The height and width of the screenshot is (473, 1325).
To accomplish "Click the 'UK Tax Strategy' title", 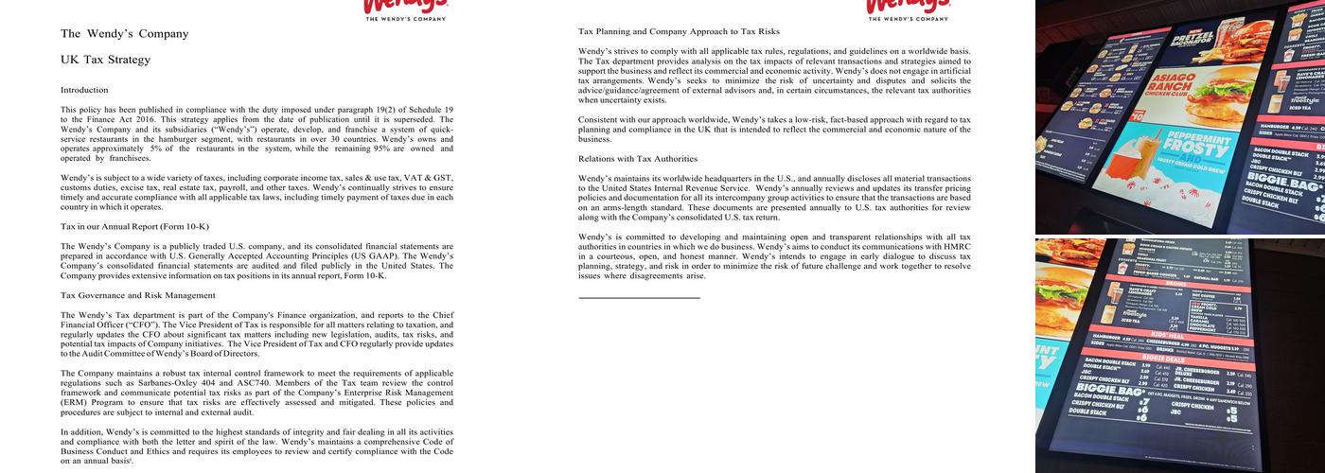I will (105, 60).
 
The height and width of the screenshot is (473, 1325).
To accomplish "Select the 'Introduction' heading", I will (84, 90).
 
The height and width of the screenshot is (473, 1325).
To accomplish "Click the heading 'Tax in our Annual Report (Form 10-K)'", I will (134, 226).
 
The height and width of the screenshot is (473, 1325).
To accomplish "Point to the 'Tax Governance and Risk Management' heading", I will (137, 295).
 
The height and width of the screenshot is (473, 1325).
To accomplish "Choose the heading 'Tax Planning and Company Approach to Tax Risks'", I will (679, 32).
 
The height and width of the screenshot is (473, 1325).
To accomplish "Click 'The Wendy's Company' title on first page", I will (124, 33).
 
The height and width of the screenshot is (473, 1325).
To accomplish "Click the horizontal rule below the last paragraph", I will (639, 298).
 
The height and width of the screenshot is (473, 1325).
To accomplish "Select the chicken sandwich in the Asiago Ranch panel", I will (1221, 95).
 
